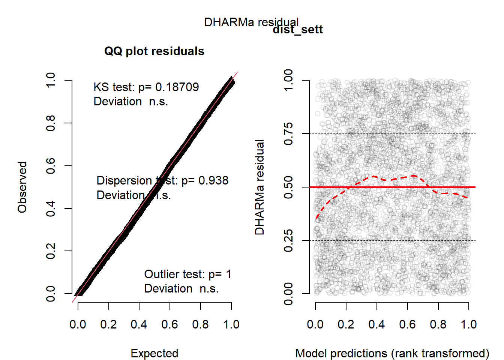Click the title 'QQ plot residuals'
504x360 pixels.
[154, 51]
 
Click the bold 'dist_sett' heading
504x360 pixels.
[298, 30]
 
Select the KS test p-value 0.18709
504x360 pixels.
[177, 87]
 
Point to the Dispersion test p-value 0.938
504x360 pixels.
[213, 180]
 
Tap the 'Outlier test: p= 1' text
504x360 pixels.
[187, 274]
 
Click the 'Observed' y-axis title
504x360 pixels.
[22, 187]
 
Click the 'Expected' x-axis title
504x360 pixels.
[154, 353]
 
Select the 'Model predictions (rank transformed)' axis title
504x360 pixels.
[392, 353]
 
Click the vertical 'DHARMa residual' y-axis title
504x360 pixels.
[259, 187]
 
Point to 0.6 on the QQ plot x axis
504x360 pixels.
[169, 324]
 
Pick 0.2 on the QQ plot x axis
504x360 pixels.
[108, 324]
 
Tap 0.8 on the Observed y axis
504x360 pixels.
[50, 123]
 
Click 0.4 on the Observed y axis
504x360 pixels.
[50, 208]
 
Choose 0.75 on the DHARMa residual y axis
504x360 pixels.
[288, 133]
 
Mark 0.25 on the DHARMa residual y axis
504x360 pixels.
[288, 240]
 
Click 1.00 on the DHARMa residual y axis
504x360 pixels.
[288, 80]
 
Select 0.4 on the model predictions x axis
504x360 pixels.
[376, 324]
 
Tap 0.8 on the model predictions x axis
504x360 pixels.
[438, 324]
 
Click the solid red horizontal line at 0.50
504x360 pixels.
[450, 187]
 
